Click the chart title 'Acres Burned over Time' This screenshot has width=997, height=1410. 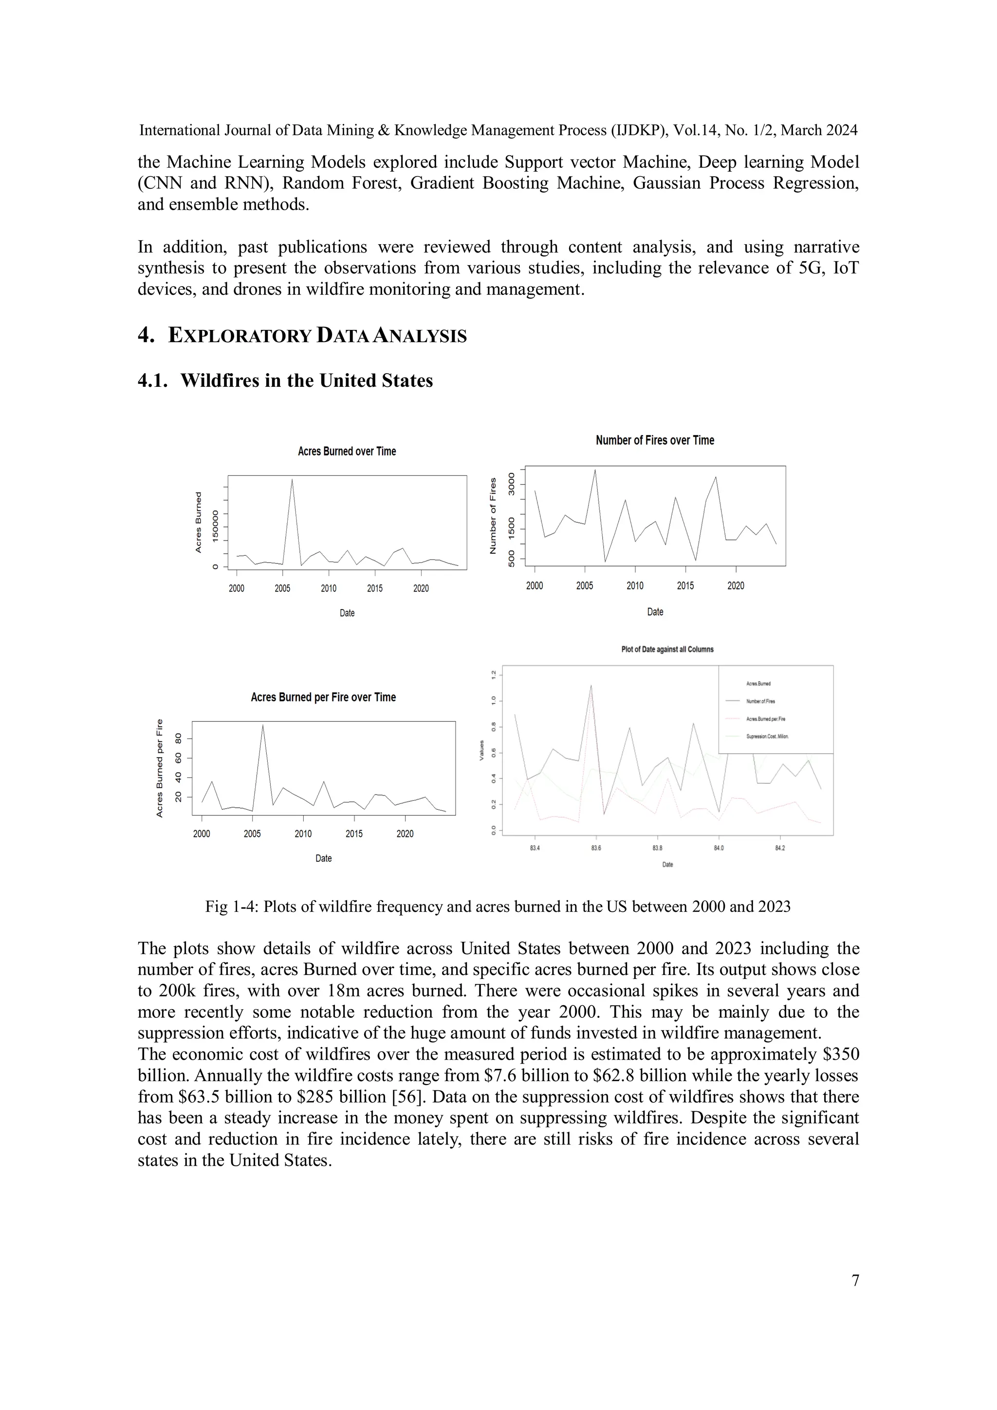(x=347, y=452)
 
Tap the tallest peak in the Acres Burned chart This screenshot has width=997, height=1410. (x=292, y=480)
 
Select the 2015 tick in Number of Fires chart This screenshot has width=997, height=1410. (x=685, y=586)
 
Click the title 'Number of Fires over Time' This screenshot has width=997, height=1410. (x=655, y=440)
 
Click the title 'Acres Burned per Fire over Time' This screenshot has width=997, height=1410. (x=323, y=697)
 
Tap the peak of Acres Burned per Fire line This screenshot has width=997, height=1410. (x=263, y=725)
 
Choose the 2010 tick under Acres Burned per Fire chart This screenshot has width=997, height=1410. (x=303, y=834)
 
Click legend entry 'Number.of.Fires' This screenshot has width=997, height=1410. (x=760, y=701)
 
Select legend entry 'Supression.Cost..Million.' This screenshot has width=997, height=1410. (x=767, y=736)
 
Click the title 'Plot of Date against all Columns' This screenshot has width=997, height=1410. (x=667, y=649)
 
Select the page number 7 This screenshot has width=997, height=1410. (x=855, y=1281)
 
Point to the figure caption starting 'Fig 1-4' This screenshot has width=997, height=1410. (x=498, y=906)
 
